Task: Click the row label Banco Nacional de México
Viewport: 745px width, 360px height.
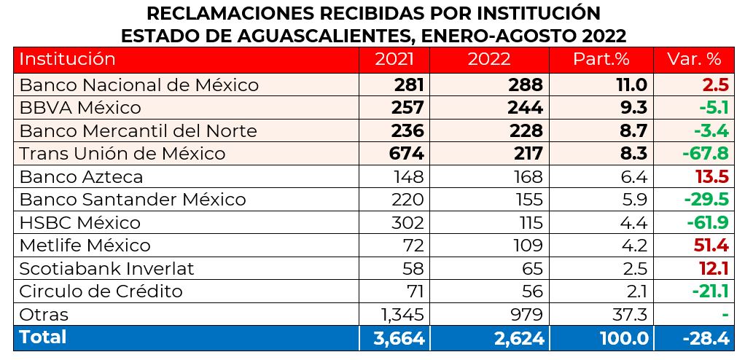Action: click(139, 85)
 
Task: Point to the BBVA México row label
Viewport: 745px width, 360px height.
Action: click(80, 108)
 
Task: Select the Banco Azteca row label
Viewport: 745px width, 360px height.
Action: click(81, 177)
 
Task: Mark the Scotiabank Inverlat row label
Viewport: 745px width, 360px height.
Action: click(107, 269)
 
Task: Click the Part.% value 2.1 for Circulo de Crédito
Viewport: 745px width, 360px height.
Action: click(636, 291)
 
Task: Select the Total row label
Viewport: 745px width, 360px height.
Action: click(43, 337)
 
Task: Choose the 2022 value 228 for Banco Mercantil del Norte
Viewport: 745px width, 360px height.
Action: click(526, 131)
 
